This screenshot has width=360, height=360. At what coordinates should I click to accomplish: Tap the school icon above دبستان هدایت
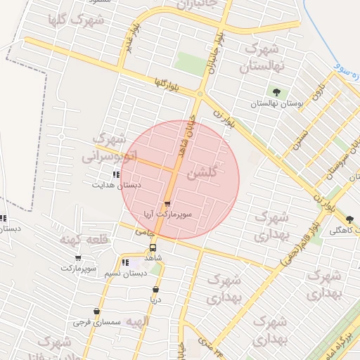[116, 174]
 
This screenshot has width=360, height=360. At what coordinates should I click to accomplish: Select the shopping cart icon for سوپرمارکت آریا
[167, 202]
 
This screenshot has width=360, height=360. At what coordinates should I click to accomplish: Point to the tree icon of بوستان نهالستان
[276, 92]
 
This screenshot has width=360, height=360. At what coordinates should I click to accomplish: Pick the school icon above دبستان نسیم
[125, 263]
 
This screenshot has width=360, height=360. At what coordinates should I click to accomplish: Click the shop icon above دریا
[155, 289]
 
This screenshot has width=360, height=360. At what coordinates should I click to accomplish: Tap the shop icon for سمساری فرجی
[96, 311]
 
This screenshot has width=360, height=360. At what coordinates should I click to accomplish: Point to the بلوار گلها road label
[167, 86]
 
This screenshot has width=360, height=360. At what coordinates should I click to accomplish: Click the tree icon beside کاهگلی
[350, 220]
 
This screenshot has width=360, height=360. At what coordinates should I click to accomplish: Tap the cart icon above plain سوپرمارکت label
[78, 258]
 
